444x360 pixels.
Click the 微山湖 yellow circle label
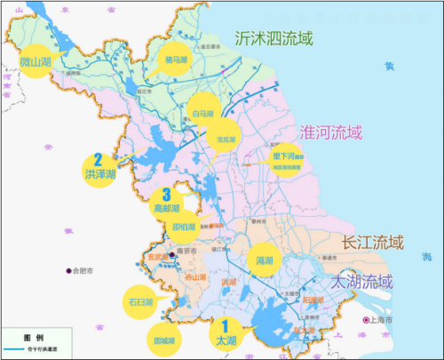pyautogui.click(x=36, y=61)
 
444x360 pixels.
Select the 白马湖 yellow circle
pyautogui.click(x=202, y=112)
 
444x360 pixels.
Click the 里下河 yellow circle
pyautogui.click(x=289, y=160)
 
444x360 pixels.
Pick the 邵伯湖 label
pyautogui.click(x=185, y=227)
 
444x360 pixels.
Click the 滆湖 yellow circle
pyautogui.click(x=264, y=260)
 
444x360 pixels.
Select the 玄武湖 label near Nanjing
pyautogui.click(x=157, y=259)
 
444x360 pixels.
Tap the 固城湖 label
pyautogui.click(x=163, y=339)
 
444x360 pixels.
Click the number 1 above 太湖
pyautogui.click(x=225, y=326)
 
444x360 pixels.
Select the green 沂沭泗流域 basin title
pyautogui.click(x=274, y=37)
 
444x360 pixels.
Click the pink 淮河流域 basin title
pyautogui.click(x=332, y=133)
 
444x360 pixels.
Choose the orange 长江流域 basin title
pyautogui.click(x=372, y=242)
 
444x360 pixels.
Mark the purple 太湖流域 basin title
pyautogui.click(x=361, y=283)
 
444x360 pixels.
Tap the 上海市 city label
pyautogui.click(x=383, y=320)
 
